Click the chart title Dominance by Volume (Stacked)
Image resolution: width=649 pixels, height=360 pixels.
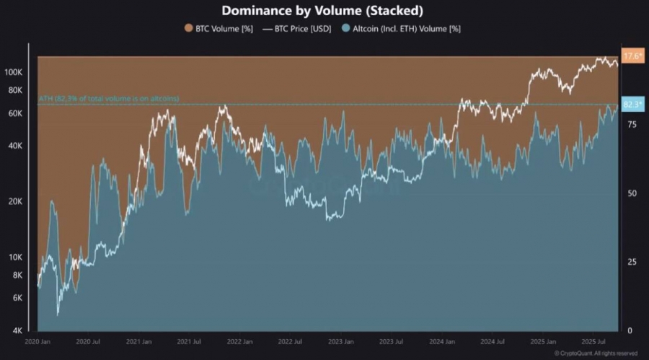pyautogui.click(x=322, y=11)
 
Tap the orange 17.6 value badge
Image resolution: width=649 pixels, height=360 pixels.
pyautogui.click(x=632, y=56)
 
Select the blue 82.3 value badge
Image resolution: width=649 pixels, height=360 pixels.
pyautogui.click(x=632, y=105)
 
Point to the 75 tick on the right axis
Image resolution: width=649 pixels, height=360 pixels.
pyautogui.click(x=632, y=125)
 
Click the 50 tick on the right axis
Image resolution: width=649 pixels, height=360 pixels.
pyautogui.click(x=632, y=193)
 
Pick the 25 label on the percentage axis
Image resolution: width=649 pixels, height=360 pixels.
pyautogui.click(x=632, y=262)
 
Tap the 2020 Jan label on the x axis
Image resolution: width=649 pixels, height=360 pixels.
pyautogui.click(x=37, y=341)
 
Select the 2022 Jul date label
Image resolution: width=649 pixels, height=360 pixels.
pyautogui.click(x=291, y=341)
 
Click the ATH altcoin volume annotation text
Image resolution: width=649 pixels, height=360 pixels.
pyautogui.click(x=108, y=98)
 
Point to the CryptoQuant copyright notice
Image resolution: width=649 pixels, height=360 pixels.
pyautogui.click(x=596, y=354)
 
